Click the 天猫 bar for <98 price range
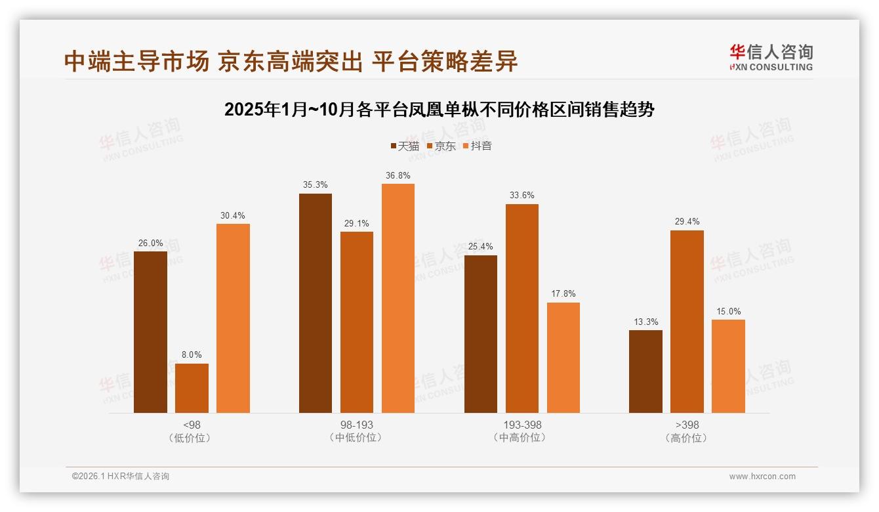150,332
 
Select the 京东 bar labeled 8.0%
192,388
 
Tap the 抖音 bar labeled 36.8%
398,298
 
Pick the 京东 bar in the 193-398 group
521,309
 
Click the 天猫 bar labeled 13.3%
645,372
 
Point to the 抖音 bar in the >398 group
728,366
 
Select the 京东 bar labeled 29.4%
687,322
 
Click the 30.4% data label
233,216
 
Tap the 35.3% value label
316,185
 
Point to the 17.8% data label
563,294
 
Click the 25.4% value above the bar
481,247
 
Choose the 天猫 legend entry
405,146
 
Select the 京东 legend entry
441,146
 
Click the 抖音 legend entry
478,146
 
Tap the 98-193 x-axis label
356,425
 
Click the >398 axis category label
687,425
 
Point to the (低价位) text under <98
192,438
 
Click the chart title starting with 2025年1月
439,109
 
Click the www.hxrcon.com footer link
762,477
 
